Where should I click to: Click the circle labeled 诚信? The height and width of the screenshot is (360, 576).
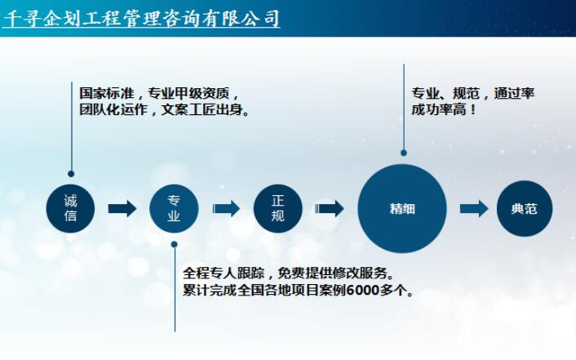tap(70, 208)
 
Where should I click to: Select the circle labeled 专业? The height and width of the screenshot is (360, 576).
tap(174, 208)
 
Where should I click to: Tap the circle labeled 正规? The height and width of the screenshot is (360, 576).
tap(277, 208)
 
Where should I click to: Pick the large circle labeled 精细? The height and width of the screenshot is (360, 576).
tap(402, 208)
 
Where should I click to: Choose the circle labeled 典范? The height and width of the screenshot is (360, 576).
tap(524, 208)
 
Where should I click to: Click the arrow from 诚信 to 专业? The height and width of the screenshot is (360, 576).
tap(122, 208)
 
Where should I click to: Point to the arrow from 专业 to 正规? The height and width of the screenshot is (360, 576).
tap(225, 208)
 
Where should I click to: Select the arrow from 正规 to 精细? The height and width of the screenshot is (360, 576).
tap(330, 208)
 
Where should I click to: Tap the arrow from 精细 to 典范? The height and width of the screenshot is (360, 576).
tap(473, 208)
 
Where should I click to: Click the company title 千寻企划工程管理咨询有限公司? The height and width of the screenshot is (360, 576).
tap(141, 18)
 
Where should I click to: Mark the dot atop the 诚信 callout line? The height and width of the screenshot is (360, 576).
tap(71, 173)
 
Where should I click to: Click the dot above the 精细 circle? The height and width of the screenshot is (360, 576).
tap(403, 152)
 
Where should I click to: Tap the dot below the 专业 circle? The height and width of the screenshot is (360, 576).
tap(174, 244)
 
